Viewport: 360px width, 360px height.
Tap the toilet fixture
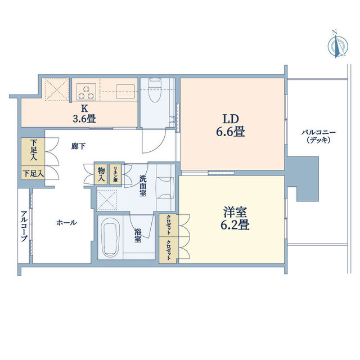pyautogui.click(x=155, y=90)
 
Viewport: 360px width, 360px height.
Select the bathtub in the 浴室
pyautogui.click(x=111, y=237)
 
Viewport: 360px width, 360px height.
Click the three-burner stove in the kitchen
pyautogui.click(x=86, y=92)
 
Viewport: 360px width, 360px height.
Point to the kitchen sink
pyautogui.click(x=125, y=91)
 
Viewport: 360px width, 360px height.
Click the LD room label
pyautogui.click(x=231, y=119)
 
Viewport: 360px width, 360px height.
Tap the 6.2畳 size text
pyautogui.click(x=235, y=225)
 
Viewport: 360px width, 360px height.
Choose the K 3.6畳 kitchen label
pyautogui.click(x=84, y=114)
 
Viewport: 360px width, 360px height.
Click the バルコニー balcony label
pyautogui.click(x=318, y=136)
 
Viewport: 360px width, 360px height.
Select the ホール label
pyautogui.click(x=66, y=223)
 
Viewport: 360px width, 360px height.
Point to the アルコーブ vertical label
pyautogui.click(x=24, y=226)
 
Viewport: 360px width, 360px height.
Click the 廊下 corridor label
pyautogui.click(x=79, y=146)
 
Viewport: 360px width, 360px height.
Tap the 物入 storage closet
pyautogui.click(x=101, y=174)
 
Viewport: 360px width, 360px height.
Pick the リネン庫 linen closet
pyautogui.click(x=115, y=174)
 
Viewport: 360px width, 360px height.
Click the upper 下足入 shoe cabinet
pyautogui.click(x=33, y=151)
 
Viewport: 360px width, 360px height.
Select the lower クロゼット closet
pyautogui.click(x=169, y=250)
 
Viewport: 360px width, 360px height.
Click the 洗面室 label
pyautogui.click(x=142, y=186)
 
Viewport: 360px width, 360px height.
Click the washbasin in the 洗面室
pyautogui.click(x=165, y=187)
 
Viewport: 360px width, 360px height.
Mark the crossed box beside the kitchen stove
pyautogui.click(x=57, y=89)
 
